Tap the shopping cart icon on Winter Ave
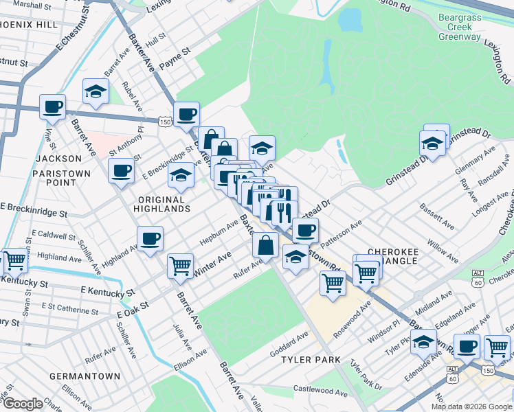[180, 265]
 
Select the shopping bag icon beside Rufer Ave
[265, 245]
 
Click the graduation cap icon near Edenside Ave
[424, 341]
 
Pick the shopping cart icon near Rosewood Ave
[333, 282]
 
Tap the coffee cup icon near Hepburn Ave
[150, 240]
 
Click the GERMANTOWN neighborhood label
[85, 376]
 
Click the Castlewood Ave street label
[322, 391]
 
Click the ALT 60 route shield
[478, 277]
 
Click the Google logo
[23, 404]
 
